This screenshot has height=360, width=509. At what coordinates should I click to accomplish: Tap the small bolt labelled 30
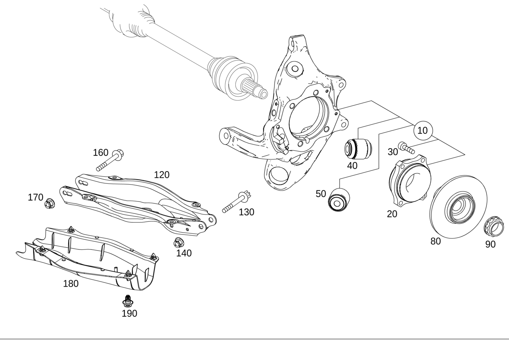coord(407,148)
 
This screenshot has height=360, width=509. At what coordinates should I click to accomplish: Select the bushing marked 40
coord(359,148)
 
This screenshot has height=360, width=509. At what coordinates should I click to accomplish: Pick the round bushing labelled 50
coord(339,200)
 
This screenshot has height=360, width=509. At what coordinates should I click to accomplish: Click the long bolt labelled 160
coord(110,160)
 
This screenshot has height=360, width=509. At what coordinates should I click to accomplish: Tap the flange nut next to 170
coord(50,203)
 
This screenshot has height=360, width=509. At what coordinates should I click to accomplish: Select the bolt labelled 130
coord(237,202)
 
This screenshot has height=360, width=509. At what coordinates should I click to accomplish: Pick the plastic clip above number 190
coord(128,301)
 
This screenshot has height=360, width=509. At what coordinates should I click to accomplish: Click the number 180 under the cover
coord(71,284)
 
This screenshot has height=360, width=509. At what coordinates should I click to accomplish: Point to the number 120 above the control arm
coord(162,175)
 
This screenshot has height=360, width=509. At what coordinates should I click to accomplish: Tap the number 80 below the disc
coord(435,241)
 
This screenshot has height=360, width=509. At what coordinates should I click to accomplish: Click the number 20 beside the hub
coord(392,214)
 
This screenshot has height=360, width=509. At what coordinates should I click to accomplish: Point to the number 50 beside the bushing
coord(321,194)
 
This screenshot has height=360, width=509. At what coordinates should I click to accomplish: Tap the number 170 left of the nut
coord(35,197)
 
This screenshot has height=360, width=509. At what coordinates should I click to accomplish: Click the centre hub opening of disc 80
coord(459,207)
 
